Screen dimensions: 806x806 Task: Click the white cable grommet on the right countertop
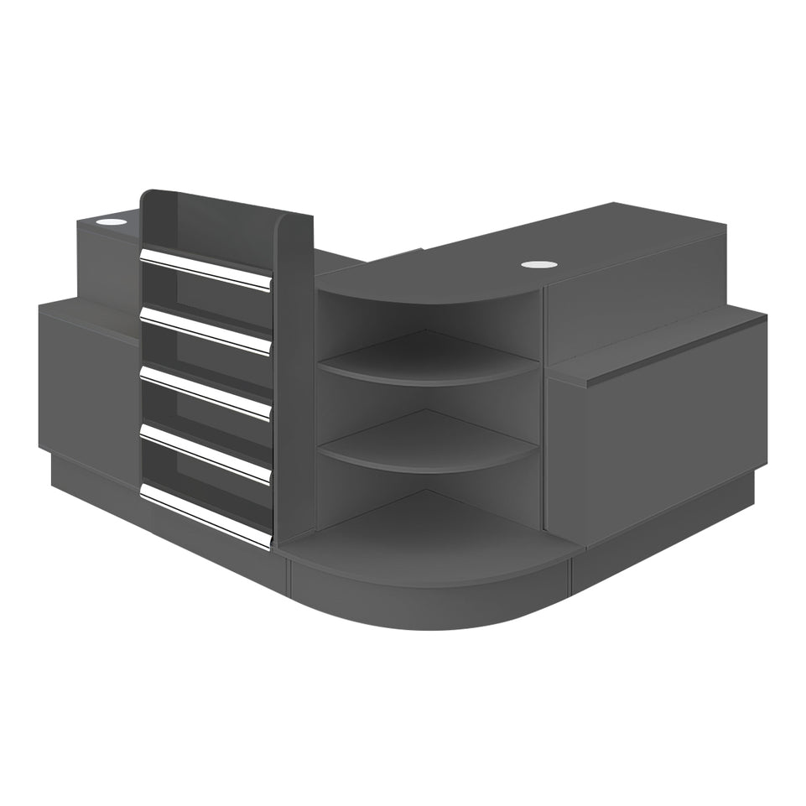534,265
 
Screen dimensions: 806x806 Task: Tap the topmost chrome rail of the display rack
205,269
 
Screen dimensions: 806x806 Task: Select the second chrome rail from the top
205,330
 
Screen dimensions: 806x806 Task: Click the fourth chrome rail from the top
205,455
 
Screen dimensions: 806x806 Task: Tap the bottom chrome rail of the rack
205,515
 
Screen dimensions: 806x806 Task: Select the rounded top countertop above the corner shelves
436,281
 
